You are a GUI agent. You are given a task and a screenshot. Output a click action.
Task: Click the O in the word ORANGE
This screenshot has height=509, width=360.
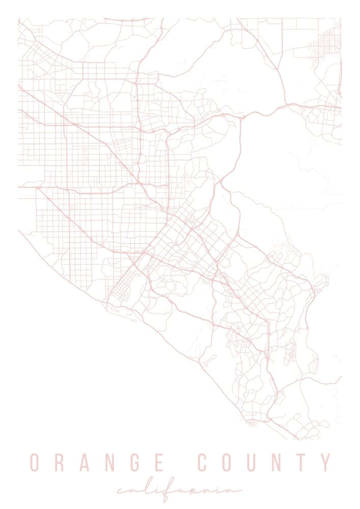pyautogui.click(x=35, y=462)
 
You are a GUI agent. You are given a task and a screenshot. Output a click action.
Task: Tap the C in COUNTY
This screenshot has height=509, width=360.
pyautogui.click(x=202, y=462)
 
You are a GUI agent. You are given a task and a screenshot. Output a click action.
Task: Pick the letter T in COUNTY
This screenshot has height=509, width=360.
pyautogui.click(x=302, y=462)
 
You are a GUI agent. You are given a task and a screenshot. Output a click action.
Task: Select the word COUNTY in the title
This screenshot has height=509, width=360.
pyautogui.click(x=264, y=462)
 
